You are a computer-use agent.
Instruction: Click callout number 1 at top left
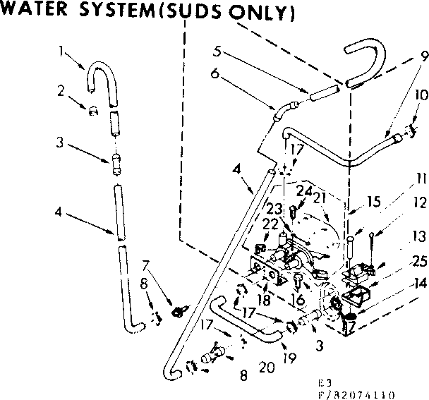62,50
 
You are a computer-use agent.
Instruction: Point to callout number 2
61,90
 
